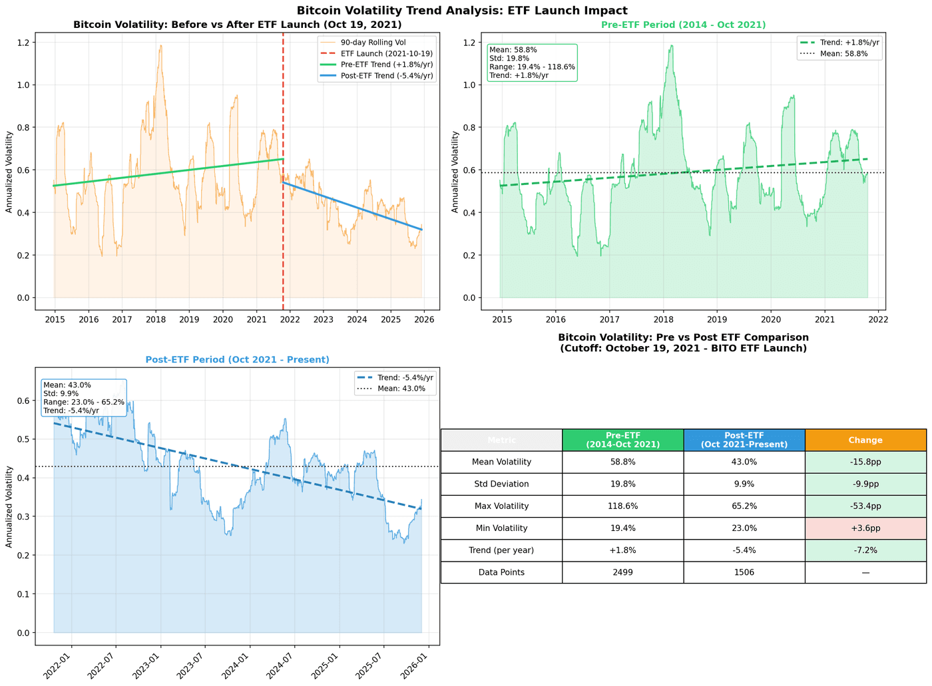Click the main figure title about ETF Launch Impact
tap(462, 10)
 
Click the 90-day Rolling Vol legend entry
tap(377, 42)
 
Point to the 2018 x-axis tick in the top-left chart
tap(155, 319)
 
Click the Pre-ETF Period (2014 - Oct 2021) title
tap(683, 25)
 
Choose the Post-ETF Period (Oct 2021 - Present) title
tap(237, 359)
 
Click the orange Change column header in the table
tap(865, 440)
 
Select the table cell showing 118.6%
tap(622, 506)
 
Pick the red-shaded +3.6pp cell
tap(865, 528)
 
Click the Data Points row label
tap(501, 572)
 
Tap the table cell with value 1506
tap(744, 572)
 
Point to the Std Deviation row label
tap(501, 484)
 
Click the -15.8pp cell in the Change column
tap(865, 462)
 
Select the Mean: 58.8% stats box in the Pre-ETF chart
tap(532, 63)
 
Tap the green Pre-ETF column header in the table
tap(622, 440)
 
